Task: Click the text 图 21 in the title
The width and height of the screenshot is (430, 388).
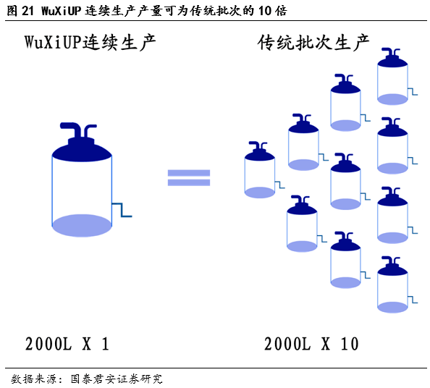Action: tap(20, 11)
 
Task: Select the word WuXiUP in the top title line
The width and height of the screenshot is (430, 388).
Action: tap(62, 11)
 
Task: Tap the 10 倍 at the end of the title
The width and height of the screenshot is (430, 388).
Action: tap(272, 11)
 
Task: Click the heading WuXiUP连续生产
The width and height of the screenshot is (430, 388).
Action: tap(90, 43)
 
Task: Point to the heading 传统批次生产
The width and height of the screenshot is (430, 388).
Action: tap(313, 43)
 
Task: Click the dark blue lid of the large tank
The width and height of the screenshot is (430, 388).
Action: tap(82, 150)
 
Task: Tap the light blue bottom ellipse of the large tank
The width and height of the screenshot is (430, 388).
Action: tap(82, 225)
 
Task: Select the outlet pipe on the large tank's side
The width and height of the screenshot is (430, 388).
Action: tap(122, 210)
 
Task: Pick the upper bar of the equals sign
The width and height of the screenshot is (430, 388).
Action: tap(189, 173)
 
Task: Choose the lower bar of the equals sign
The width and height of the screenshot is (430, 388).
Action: tap(189, 182)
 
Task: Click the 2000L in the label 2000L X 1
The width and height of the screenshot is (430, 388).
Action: tap(49, 344)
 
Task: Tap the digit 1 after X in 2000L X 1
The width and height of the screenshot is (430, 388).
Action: tap(105, 344)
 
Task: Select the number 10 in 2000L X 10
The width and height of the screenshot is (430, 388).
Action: tap(350, 344)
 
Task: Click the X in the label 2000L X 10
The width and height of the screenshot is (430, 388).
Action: tap(326, 344)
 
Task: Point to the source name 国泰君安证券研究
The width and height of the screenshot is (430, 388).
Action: tap(117, 379)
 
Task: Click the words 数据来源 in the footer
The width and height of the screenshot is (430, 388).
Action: tap(33, 379)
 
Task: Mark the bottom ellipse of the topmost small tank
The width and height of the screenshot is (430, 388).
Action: tap(392, 99)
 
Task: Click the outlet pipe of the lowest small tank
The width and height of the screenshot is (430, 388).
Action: tap(413, 300)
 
